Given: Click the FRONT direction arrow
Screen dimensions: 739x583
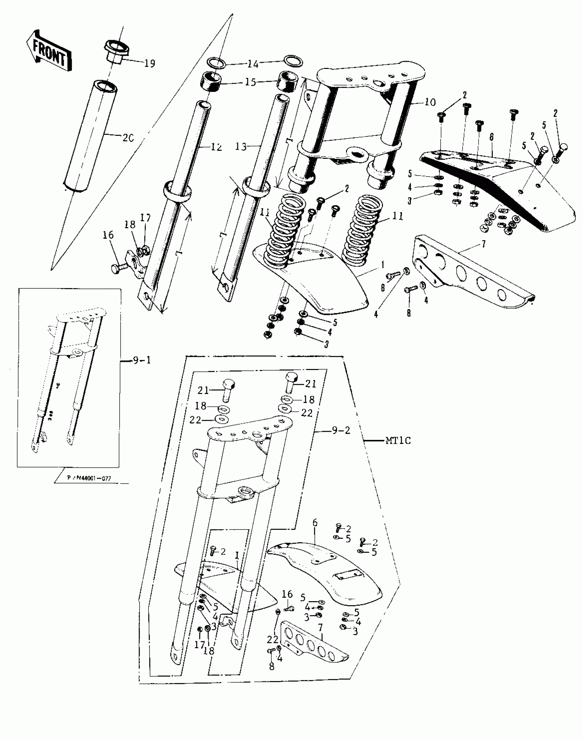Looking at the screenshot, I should (49, 51).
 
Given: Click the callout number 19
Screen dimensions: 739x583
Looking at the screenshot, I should (150, 63).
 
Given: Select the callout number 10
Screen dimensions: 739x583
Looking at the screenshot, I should (430, 102).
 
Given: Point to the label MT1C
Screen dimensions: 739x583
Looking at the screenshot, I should (398, 440).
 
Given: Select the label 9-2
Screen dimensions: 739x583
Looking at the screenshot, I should (341, 430).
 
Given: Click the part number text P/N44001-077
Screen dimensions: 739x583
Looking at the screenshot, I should (89, 478).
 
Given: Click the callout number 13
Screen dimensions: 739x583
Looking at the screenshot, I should (241, 147).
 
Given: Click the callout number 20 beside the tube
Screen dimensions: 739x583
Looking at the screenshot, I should (128, 138).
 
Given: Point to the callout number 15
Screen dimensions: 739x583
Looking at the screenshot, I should (250, 82).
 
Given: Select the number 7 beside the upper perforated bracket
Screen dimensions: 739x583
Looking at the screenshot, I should (483, 244).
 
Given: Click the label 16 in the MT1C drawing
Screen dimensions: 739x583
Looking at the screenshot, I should (287, 594).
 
